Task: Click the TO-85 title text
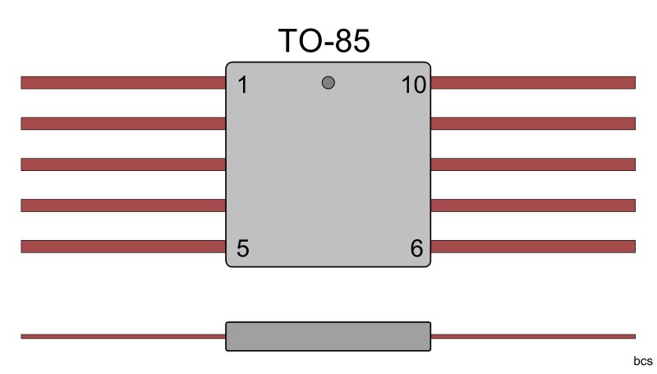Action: (x=324, y=41)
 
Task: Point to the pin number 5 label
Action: (x=242, y=248)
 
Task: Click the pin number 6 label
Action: (x=416, y=248)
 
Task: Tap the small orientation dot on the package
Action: (x=328, y=82)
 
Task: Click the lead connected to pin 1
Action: (x=123, y=82)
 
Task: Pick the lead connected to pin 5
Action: (x=123, y=247)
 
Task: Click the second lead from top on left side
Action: (x=123, y=123)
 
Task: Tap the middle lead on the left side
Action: (x=123, y=164)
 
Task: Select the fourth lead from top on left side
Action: (x=123, y=205)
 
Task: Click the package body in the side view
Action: (x=328, y=336)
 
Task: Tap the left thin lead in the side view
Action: (x=123, y=336)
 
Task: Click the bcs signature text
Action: (x=642, y=362)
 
